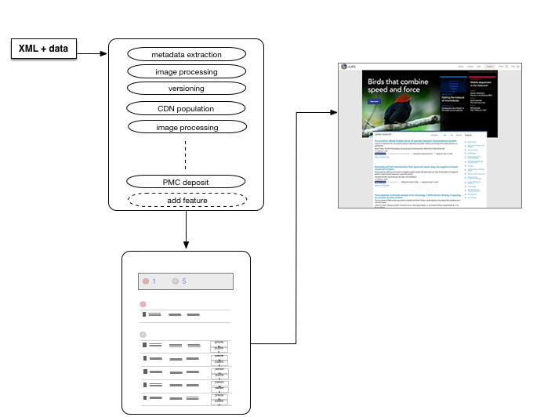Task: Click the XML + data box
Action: tap(43, 49)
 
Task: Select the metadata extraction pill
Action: tap(187, 54)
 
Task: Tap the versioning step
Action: tap(187, 88)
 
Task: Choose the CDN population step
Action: tap(187, 108)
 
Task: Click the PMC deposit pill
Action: tap(187, 182)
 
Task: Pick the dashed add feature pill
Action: tap(187, 201)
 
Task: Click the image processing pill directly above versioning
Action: tap(187, 71)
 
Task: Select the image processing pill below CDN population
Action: tap(187, 126)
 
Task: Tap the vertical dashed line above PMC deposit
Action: tap(186, 154)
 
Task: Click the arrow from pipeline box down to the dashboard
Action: tap(186, 232)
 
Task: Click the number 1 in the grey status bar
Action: tap(154, 281)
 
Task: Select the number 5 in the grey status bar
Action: tap(184, 281)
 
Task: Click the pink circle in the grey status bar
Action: tap(145, 281)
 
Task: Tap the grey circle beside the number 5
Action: tap(175, 281)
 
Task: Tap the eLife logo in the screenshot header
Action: tap(345, 67)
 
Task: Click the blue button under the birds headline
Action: tap(375, 102)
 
